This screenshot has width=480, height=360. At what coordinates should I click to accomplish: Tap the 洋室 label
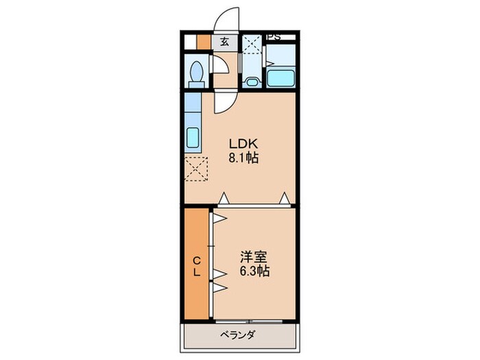pyautogui.click(x=254, y=257)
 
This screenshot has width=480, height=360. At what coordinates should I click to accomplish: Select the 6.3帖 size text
pyautogui.click(x=254, y=272)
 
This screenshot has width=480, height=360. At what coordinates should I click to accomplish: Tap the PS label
pyautogui.click(x=274, y=36)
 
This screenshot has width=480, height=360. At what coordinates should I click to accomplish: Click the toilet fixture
pyautogui.click(x=197, y=73)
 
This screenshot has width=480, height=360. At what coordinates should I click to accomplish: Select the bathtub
pyautogui.click(x=280, y=77)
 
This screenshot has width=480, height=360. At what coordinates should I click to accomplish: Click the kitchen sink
pyautogui.click(x=193, y=138)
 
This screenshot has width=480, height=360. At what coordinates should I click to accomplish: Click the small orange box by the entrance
pyautogui.click(x=204, y=40)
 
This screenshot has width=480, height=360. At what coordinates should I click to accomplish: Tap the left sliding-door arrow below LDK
pyautogui.click(x=224, y=199)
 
